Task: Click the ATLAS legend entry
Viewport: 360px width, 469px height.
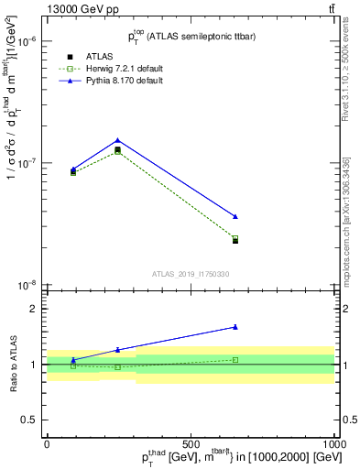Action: (87, 57)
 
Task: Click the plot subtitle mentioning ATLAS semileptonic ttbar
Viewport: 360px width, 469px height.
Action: (191, 36)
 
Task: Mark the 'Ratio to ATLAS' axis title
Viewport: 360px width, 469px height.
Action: (13, 365)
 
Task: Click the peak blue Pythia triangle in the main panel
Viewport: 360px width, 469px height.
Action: (118, 140)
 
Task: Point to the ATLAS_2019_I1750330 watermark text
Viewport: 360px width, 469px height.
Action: (191, 273)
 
